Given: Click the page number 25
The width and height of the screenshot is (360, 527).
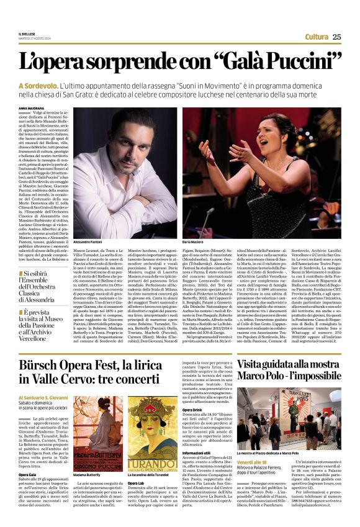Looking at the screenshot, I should (x=336, y=37).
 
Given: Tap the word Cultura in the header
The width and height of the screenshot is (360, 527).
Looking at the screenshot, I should (x=317, y=37).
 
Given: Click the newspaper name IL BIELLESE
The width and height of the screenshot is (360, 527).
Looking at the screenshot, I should (x=27, y=35).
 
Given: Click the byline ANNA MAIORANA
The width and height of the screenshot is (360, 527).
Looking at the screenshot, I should (x=32, y=108).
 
